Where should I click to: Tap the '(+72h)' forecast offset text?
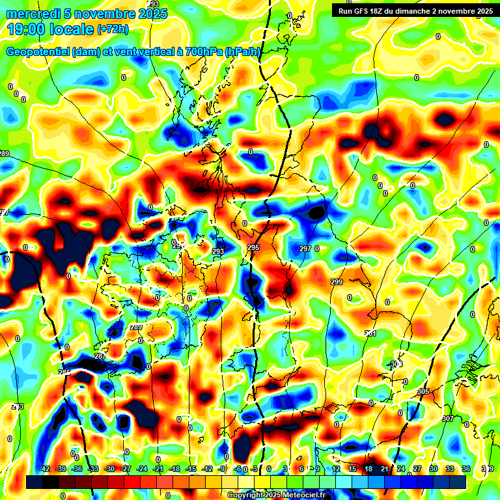point(113,29)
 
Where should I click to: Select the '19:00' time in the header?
point(24,29)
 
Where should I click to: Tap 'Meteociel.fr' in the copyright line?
point(299,495)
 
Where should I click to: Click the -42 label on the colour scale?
point(44,469)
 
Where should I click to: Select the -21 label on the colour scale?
point(158,469)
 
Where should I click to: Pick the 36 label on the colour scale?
point(466,469)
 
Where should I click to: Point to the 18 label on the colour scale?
point(368,469)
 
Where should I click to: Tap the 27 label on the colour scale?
point(417,469)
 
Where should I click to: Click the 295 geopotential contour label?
point(253,248)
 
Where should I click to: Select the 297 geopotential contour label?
point(305,249)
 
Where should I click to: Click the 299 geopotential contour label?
point(336,282)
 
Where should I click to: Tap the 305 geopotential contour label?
point(423,391)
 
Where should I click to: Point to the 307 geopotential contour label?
point(447,419)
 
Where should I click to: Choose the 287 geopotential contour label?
point(100,356)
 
